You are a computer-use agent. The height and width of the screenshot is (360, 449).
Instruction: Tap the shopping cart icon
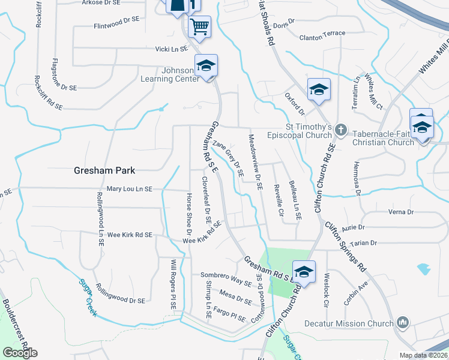pyautogui.click(x=199, y=26)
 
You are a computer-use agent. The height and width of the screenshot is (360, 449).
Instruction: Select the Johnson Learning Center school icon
pyautogui.click(x=206, y=65)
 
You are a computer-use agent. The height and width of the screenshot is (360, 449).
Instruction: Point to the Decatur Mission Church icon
pyautogui.click(x=403, y=323)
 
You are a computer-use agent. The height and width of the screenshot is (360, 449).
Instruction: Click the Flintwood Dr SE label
pyautogui.click(x=116, y=26)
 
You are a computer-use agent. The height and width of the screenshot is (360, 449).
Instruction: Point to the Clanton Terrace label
pyautogui.click(x=322, y=34)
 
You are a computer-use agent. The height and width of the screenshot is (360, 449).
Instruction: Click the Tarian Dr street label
pyautogui.click(x=364, y=243)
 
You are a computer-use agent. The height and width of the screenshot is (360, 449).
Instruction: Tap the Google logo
pyautogui.click(x=20, y=353)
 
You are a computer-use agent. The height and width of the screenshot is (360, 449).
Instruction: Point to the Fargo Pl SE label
pyautogui.click(x=230, y=315)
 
